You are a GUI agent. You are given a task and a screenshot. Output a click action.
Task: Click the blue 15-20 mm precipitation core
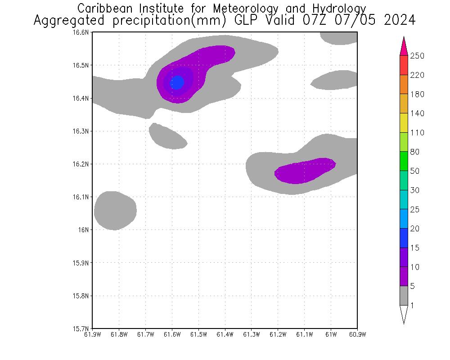pyautogui.click(x=176, y=82)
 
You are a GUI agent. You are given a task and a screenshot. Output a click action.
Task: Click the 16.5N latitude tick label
pyautogui.click(x=81, y=65)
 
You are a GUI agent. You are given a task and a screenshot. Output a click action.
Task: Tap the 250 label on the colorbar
pyautogui.click(x=417, y=56)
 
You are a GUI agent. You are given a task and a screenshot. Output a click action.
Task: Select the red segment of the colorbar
pyautogui.click(x=404, y=65)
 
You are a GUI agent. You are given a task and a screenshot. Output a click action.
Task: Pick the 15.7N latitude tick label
pyautogui.click(x=81, y=328)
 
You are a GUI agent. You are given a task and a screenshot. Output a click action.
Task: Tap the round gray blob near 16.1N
pyautogui.click(x=115, y=211)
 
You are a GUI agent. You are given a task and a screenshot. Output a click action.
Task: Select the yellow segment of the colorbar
pyautogui.click(x=404, y=123)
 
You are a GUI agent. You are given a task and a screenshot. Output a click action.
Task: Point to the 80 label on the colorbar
pyautogui.click(x=415, y=152)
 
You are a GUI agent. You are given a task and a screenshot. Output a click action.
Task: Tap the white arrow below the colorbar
pyautogui.click(x=404, y=314)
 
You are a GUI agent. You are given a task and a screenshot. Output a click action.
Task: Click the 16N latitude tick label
pyautogui.click(x=83, y=230)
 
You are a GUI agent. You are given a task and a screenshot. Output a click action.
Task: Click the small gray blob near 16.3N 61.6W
pyautogui.click(x=167, y=136)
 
